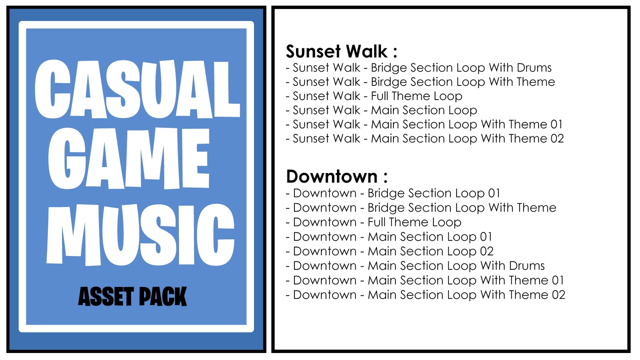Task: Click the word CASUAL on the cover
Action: click(137, 89)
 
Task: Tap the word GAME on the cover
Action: click(129, 159)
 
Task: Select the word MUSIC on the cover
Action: click(140, 235)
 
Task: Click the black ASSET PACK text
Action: click(132, 296)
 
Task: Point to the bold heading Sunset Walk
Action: click(336, 51)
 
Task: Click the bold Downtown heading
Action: click(332, 176)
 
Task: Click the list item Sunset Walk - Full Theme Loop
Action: click(374, 96)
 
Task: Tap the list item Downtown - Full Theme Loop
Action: click(373, 222)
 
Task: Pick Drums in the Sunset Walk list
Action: click(534, 67)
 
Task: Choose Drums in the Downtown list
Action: click(527, 265)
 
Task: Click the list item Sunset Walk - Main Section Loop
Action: click(381, 110)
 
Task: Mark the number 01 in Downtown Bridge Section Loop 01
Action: click(494, 193)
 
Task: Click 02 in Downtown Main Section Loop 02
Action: click(486, 251)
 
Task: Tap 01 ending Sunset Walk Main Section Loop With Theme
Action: click(556, 124)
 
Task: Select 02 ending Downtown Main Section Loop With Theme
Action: click(558, 295)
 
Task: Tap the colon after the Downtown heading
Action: click(385, 177)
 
